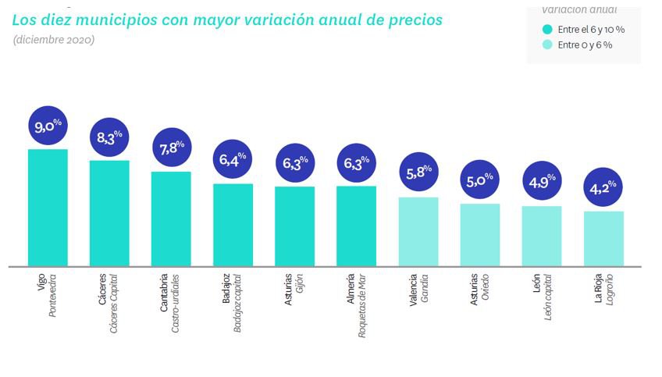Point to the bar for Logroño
pyautogui.click(x=603, y=238)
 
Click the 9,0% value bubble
pyautogui.click(x=48, y=125)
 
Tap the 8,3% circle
pyautogui.click(x=110, y=137)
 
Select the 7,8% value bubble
pyautogui.click(x=171, y=148)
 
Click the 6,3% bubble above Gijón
pyautogui.click(x=294, y=163)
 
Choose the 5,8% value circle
pyautogui.click(x=418, y=172)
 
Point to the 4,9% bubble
pyautogui.click(x=542, y=182)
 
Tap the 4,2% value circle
pyautogui.click(x=603, y=187)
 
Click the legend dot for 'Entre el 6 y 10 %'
pyautogui.click(x=548, y=30)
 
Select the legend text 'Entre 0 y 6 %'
pyautogui.click(x=585, y=45)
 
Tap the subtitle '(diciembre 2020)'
pyautogui.click(x=53, y=40)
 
